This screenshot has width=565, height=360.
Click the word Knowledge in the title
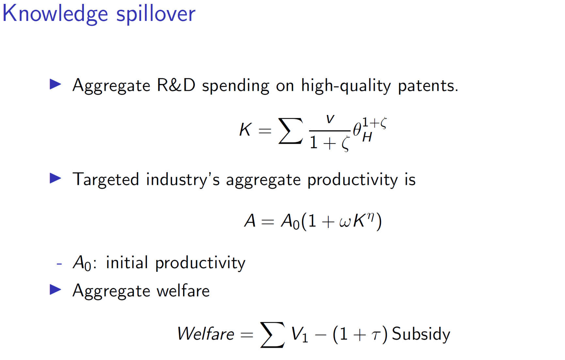55,14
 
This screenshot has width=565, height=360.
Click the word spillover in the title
156,14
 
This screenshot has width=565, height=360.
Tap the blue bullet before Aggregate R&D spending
55,84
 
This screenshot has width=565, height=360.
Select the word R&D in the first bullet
176,85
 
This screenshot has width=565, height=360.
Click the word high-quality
346,86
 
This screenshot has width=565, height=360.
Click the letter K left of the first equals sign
245,129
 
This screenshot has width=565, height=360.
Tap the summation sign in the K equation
290,131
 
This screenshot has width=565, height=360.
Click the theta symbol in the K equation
357,129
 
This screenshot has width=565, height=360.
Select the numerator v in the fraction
330,119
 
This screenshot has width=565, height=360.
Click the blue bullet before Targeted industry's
55,178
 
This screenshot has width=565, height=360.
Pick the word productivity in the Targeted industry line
353,180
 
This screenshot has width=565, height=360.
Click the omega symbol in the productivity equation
345,222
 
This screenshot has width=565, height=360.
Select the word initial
127,262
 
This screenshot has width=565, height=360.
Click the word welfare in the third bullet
183,291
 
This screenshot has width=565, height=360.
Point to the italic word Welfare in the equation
206,334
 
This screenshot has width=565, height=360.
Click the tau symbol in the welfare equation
376,335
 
